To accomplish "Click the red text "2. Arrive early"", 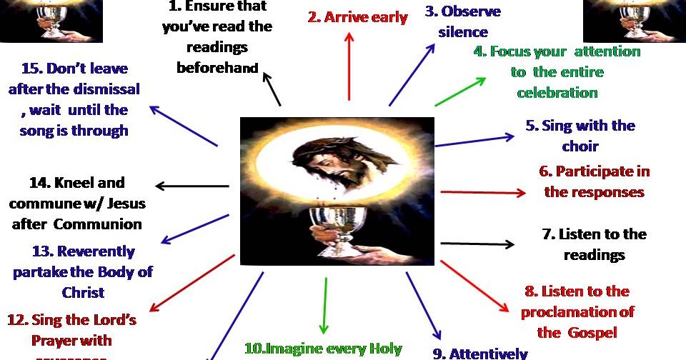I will (367, 17).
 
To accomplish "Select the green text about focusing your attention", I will (557, 72).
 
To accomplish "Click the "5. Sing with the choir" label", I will (580, 136).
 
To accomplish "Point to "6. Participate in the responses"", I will (594, 181).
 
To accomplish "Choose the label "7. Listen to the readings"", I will (594, 244).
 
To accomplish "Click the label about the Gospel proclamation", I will (577, 311).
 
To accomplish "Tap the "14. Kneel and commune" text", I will (77, 204).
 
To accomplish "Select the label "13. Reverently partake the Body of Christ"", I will (84, 271).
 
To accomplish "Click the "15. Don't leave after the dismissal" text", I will (74, 100).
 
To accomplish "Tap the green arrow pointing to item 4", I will (460, 92).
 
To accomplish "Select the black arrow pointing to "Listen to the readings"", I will (477, 244).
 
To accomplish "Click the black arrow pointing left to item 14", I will (192, 187).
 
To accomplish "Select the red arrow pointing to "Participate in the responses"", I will (484, 193).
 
